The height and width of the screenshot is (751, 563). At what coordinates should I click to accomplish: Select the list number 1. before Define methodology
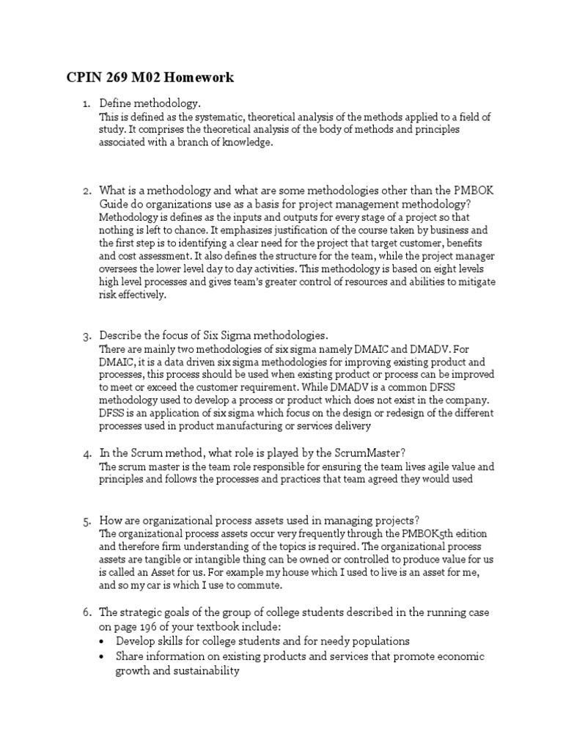[86, 104]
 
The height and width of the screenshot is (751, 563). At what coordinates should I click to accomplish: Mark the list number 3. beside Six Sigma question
[86, 336]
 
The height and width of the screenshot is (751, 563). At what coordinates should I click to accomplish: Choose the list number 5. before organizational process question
[86, 521]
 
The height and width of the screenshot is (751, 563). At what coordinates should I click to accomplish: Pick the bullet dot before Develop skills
[105, 641]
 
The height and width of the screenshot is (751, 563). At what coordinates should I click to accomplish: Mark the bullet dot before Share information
[105, 656]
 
